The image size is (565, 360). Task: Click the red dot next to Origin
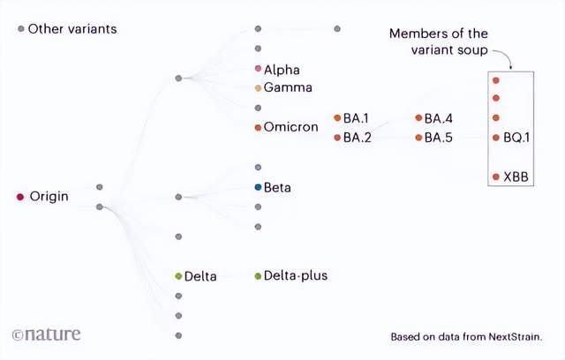tap(20, 197)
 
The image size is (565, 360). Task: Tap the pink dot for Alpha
tap(258, 68)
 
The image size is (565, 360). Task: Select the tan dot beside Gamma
tap(258, 88)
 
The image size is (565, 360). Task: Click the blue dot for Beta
tap(258, 187)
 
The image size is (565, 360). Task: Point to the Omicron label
tap(290, 127)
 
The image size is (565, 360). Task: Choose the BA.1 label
tap(357, 118)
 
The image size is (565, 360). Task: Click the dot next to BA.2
tap(337, 138)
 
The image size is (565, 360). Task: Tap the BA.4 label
tap(438, 118)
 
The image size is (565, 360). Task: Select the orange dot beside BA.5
tap(418, 138)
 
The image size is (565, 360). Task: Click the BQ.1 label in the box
tap(516, 138)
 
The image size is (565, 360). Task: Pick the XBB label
tap(516, 176)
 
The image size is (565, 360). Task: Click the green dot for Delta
tap(178, 276)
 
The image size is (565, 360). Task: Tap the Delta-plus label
tap(296, 276)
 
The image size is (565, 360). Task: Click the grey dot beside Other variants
tap(21, 29)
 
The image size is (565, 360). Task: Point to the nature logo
tap(46, 334)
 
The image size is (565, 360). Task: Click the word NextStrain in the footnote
tap(516, 337)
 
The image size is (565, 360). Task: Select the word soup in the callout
tap(472, 50)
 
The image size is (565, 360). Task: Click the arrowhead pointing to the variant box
tap(510, 67)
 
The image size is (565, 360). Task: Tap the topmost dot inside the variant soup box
tap(496, 80)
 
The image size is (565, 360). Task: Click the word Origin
tap(49, 197)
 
